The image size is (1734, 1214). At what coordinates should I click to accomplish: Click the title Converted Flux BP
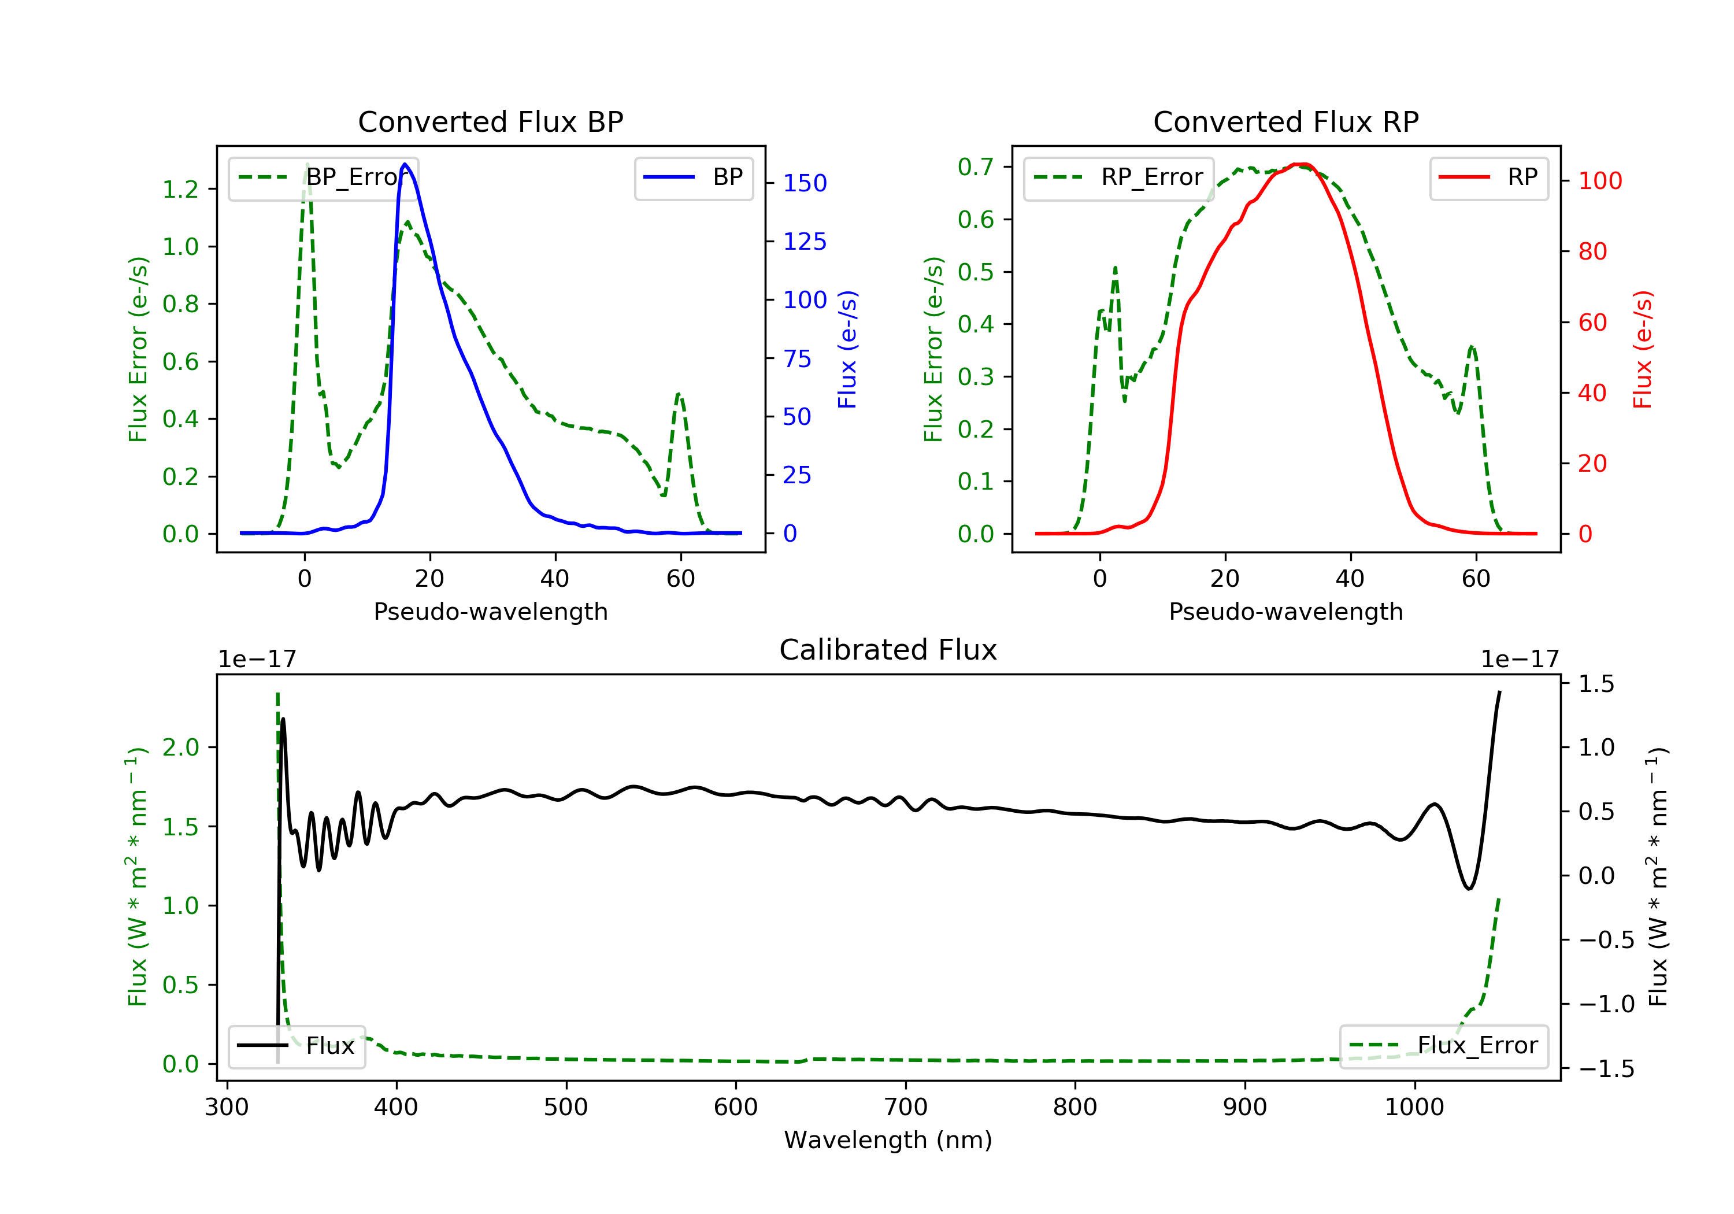coord(490,121)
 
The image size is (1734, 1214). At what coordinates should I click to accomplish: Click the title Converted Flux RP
coord(1285,121)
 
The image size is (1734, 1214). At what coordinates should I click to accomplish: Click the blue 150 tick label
coord(805,183)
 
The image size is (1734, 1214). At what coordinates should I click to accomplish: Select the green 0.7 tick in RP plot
coord(976,167)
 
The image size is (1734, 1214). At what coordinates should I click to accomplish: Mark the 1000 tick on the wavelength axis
coord(1414,1108)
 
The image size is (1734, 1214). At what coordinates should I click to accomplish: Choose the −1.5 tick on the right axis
coord(1606,1069)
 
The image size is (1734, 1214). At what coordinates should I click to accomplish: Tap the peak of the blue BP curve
coord(405,164)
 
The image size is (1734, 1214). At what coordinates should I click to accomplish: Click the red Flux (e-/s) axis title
coord(1643,349)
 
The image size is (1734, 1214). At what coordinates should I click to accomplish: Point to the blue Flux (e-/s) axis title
coord(847,349)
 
